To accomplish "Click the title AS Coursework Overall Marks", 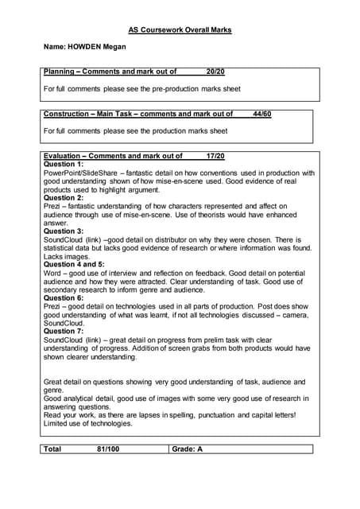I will (180, 29).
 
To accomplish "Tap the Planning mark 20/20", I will (215, 72).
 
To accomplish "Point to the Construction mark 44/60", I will (261, 114).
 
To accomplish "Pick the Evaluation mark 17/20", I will (215, 156).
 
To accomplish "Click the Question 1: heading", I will (64, 164).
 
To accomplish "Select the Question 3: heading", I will (64, 231).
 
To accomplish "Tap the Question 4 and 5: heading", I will (74, 264).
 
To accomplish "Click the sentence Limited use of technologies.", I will (89, 423).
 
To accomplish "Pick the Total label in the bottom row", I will (53, 449).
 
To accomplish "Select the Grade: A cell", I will (188, 449).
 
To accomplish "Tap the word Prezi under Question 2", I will (53, 206).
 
